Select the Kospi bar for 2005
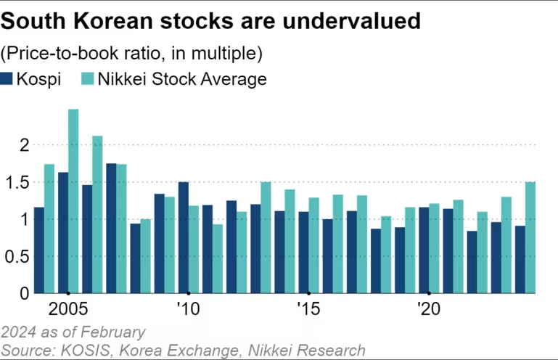coord(63,232)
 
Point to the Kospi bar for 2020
coord(423,250)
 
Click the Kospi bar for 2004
coord(39,250)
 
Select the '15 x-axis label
coord(307,308)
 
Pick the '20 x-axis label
coord(427,308)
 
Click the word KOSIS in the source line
coord(78,350)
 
